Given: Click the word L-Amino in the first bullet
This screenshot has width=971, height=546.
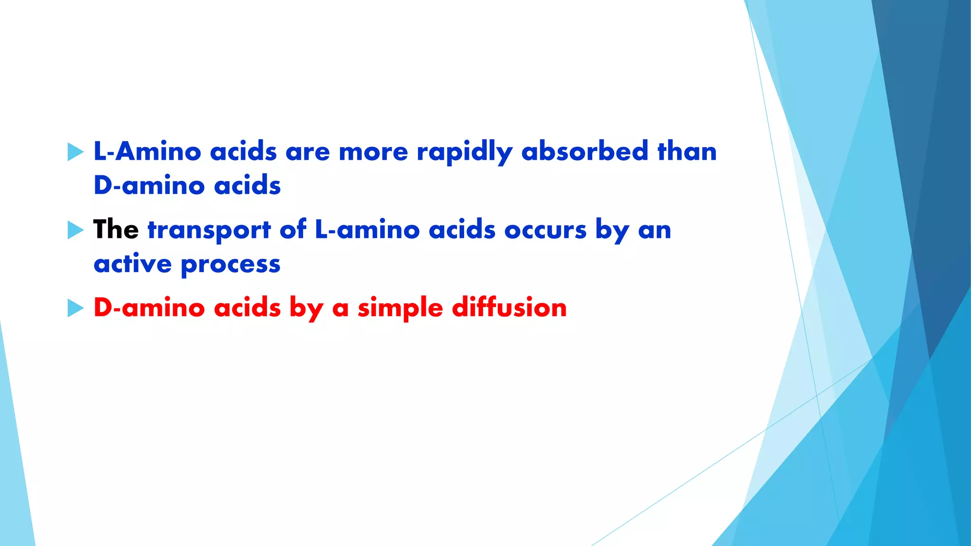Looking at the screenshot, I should click(x=147, y=152).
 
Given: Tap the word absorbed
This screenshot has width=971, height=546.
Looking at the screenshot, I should click(x=584, y=152).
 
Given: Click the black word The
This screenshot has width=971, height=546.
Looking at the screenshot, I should click(x=116, y=230).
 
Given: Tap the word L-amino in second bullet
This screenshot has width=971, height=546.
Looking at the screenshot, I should click(x=367, y=230).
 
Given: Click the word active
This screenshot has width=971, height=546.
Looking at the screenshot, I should click(x=132, y=264).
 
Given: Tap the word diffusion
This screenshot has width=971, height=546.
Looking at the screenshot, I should click(x=509, y=308).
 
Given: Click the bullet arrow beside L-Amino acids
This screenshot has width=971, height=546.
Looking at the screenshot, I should click(x=75, y=152).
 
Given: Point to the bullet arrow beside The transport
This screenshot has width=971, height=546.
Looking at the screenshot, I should click(x=75, y=230).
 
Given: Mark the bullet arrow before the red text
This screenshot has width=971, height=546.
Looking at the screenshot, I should click(x=75, y=308).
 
